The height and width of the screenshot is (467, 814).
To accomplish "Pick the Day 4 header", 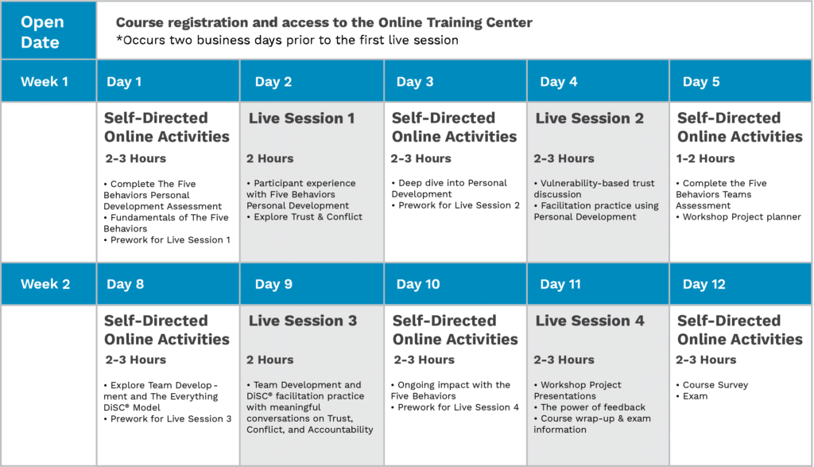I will click(559, 81).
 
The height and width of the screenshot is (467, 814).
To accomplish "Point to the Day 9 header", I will click(273, 284).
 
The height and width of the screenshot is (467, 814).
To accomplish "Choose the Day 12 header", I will click(704, 284).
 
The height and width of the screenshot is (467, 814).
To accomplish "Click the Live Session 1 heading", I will click(302, 119).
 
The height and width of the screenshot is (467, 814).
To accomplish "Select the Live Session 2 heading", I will click(589, 119).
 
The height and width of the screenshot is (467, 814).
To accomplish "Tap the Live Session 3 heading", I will click(302, 321).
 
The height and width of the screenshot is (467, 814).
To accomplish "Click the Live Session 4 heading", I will click(589, 321).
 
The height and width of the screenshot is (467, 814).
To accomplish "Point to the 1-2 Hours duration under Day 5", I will click(706, 158).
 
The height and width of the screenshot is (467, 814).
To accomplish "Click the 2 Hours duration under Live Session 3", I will click(269, 360).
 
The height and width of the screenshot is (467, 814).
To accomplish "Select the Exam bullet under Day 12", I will click(695, 396).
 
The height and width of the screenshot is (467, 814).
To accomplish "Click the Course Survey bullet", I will click(715, 385).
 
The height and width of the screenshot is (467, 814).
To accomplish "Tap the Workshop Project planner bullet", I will click(741, 217).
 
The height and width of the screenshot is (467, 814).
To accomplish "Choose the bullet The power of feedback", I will click(592, 407).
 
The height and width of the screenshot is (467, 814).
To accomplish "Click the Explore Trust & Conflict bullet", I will click(308, 217).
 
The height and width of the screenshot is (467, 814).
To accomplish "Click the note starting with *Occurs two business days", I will click(287, 40).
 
